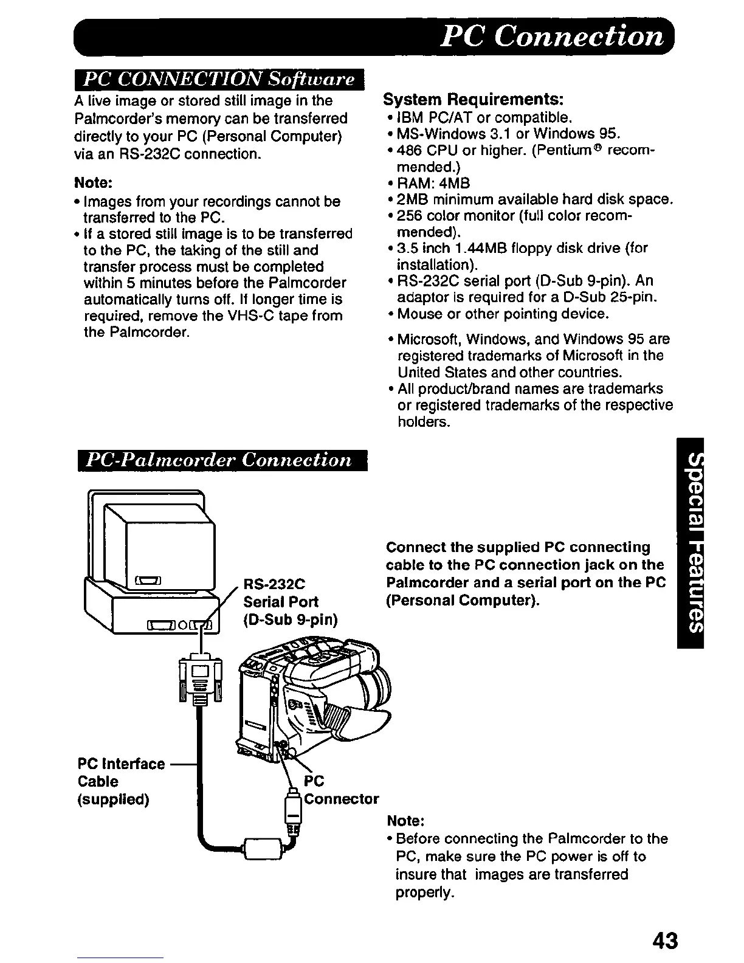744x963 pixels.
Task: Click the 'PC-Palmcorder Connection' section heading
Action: pos(220,460)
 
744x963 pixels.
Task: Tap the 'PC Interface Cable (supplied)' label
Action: pos(121,781)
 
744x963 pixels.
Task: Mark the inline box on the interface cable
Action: pos(263,847)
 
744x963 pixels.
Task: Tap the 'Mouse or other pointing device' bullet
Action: pos(501,314)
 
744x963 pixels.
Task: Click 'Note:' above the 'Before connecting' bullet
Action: pos(405,821)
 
